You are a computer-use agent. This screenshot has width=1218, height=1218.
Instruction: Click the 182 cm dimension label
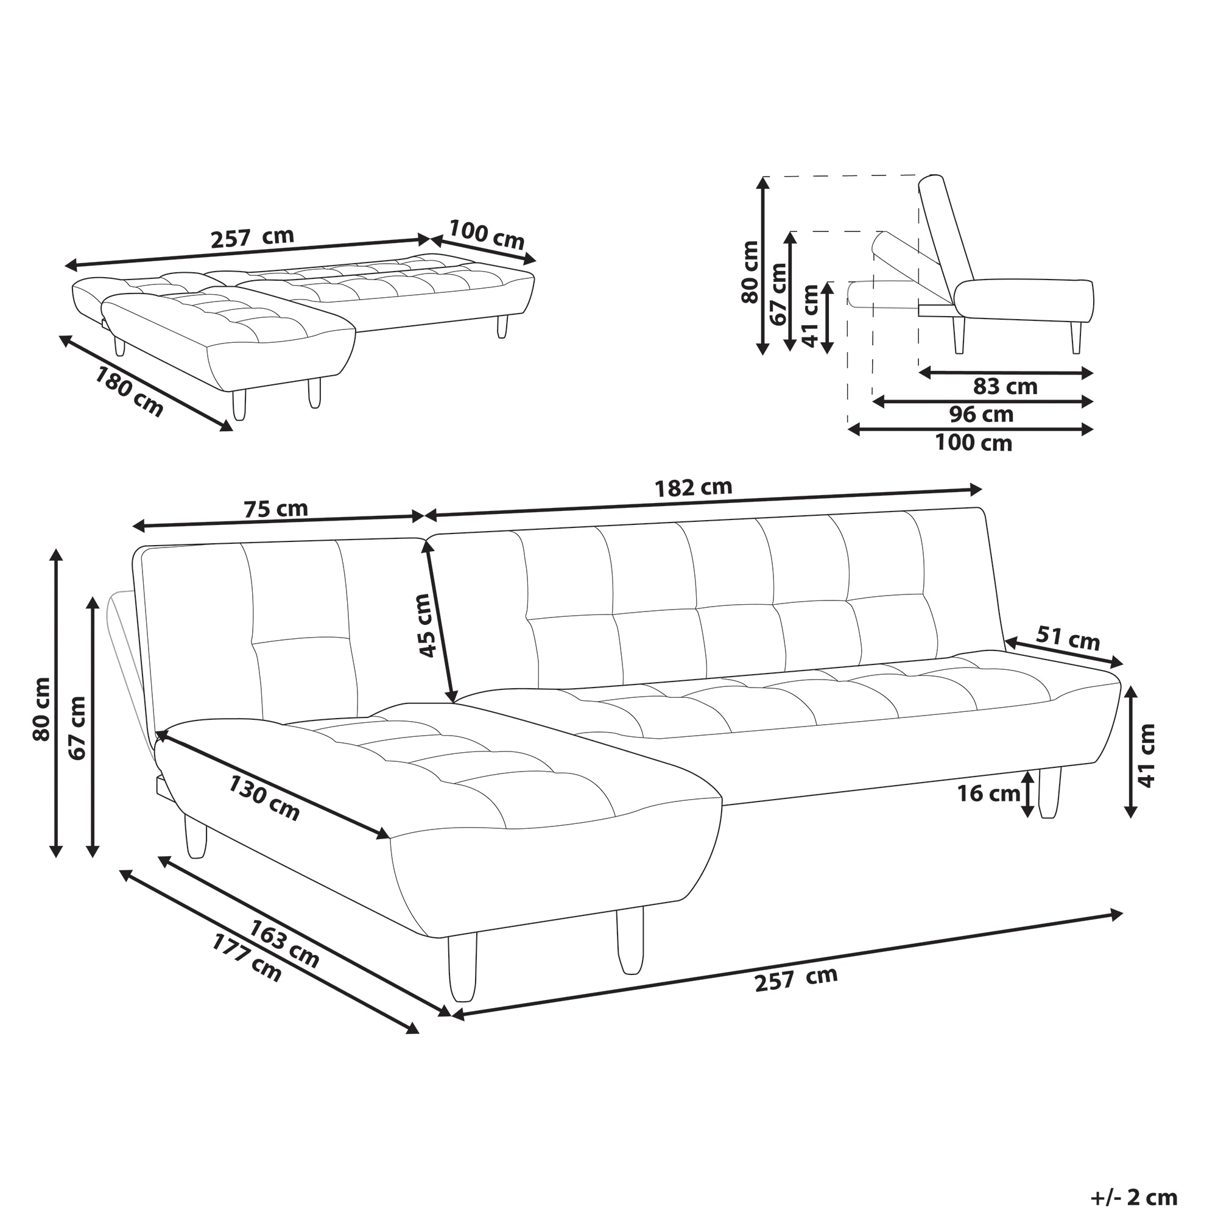(x=694, y=487)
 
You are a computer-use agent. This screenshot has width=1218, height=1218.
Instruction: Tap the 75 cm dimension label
(x=275, y=508)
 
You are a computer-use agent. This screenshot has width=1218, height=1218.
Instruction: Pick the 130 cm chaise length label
(x=264, y=798)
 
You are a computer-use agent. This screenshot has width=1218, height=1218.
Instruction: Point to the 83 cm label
(x=1005, y=387)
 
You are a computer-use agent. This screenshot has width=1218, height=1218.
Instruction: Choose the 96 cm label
(x=981, y=414)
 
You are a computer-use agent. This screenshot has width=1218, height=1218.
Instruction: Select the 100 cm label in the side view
(x=973, y=443)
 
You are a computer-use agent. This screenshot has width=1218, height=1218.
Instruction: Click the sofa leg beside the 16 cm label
(x=1050, y=792)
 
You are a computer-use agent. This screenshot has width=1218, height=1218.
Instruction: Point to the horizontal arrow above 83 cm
(x=1005, y=373)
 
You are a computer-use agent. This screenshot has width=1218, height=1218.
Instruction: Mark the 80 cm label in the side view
(x=750, y=272)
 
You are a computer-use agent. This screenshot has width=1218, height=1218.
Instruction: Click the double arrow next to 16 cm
(x=1027, y=793)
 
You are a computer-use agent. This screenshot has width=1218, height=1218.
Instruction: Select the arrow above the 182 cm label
(x=703, y=502)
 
